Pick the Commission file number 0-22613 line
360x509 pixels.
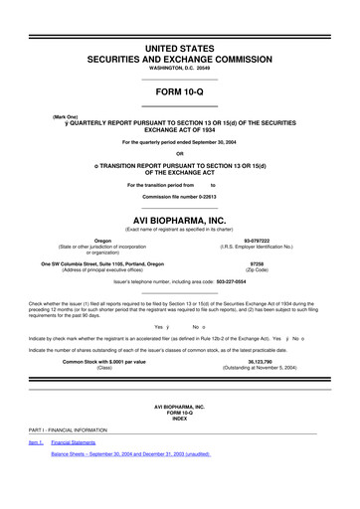pyautogui.click(x=179, y=196)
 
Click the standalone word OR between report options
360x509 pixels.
pyautogui.click(x=179, y=152)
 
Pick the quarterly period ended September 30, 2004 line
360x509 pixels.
pyautogui.click(x=179, y=141)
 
